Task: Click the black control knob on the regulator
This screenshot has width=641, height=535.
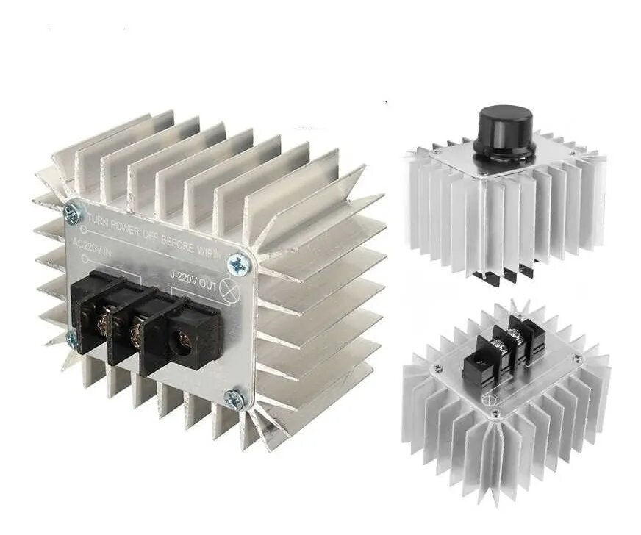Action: (504, 130)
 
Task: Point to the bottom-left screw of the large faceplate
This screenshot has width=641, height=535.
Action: (71, 337)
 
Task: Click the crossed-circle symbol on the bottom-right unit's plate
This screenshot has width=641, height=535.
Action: (488, 400)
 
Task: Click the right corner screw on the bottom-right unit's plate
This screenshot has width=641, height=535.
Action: (576, 359)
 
